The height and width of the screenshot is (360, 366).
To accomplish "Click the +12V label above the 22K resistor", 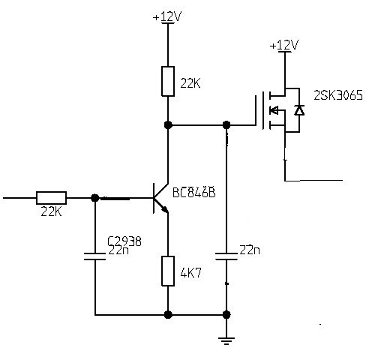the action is click(167, 16).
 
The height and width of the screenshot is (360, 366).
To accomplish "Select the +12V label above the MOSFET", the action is click(284, 45).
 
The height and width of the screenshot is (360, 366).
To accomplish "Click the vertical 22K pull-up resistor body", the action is click(168, 81).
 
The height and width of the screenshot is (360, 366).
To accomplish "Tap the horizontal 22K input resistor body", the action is click(52, 198).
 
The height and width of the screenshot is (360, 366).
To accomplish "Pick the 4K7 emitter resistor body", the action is click(168, 271).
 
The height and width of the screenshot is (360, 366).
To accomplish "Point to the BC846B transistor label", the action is click(194, 192).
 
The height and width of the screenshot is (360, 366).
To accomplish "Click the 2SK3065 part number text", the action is click(338, 95).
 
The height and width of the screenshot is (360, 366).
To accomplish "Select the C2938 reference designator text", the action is click(124, 241).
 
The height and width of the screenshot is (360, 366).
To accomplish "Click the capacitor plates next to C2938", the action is click(95, 256).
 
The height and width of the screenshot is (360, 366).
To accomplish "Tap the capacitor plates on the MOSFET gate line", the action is click(226, 256).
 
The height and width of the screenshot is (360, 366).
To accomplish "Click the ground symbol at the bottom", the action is click(226, 341).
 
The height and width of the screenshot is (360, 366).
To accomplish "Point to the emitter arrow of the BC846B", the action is click(164, 209).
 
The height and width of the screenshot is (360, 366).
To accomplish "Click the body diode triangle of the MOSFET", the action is click(299, 110).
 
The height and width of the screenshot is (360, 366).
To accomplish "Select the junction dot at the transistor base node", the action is click(95, 198).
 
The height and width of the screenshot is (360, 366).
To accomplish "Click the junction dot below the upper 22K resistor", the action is click(168, 124).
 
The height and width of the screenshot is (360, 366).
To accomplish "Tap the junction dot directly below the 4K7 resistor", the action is click(168, 315).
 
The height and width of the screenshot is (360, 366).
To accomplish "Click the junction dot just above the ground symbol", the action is click(226, 315).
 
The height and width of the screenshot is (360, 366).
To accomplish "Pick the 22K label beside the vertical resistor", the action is click(190, 83).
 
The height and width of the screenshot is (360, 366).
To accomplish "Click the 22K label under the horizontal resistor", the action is click(51, 212).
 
